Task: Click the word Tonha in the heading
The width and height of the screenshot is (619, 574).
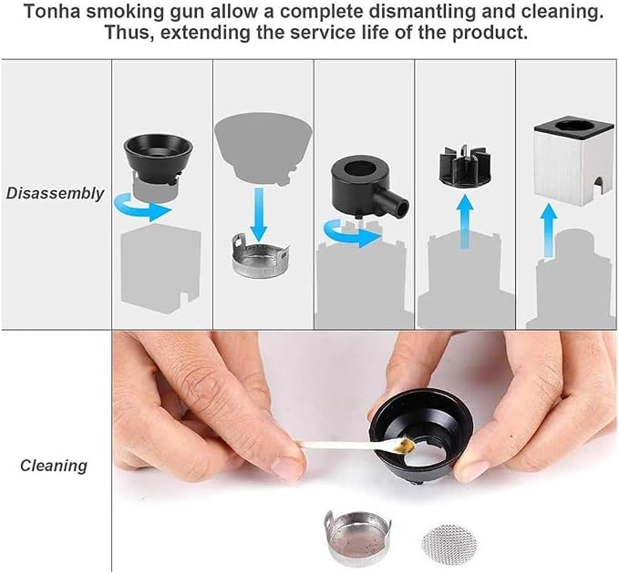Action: coord(52,12)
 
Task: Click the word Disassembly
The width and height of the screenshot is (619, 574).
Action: coord(55,193)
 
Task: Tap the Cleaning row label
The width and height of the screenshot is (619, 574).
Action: coord(54,466)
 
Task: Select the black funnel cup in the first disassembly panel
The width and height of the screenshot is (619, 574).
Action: coord(158,159)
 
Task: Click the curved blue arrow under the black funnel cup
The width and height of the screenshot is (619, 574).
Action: coord(142,206)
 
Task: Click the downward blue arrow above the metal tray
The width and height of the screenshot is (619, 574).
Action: coord(259,214)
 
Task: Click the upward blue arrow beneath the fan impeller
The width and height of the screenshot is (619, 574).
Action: coord(466,221)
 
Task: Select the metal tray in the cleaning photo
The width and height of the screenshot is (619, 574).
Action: coord(357,538)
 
